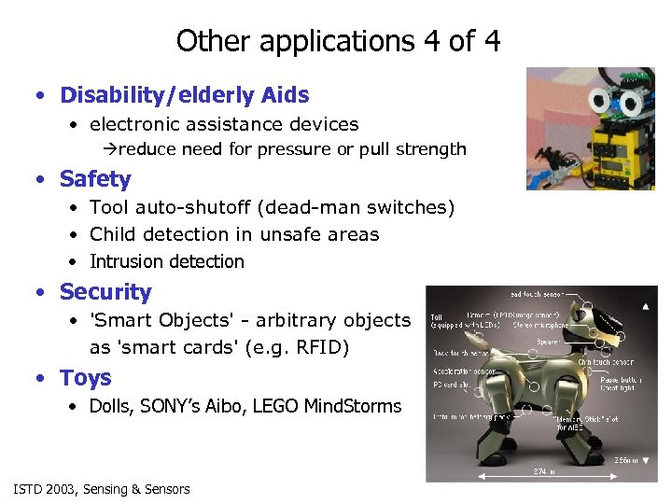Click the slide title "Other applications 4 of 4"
(x=338, y=41)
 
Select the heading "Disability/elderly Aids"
(x=184, y=95)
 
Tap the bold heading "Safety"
(x=95, y=179)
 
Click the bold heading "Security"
(x=105, y=292)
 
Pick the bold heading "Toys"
(x=85, y=378)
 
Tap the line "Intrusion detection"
(x=166, y=262)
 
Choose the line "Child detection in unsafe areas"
(x=234, y=234)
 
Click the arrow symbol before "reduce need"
(x=109, y=149)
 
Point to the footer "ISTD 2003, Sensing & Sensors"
(x=102, y=489)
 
